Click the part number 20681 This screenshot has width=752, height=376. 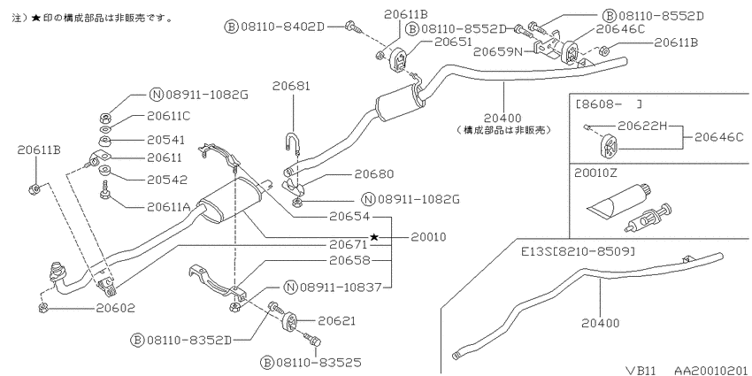292,87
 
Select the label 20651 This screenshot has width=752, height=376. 454,42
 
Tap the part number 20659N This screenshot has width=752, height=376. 497,50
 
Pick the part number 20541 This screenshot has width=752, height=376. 166,140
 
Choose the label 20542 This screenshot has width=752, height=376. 167,180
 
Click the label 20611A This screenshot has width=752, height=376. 169,207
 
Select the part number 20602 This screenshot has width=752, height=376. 116,308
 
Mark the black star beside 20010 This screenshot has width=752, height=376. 374,237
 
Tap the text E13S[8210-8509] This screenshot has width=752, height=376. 579,251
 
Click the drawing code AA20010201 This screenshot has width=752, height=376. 711,370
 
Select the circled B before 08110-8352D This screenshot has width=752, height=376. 138,341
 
